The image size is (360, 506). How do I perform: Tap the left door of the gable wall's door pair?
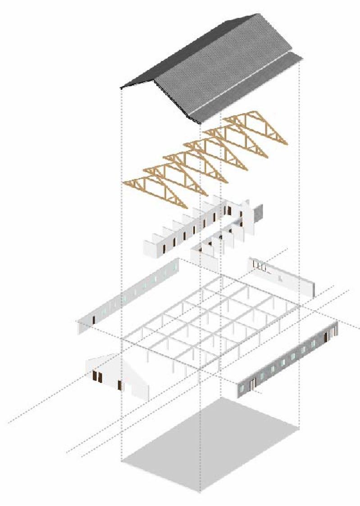(95, 376)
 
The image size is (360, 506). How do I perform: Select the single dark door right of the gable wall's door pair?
(120, 385)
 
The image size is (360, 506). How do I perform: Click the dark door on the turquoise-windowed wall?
(254, 383)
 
